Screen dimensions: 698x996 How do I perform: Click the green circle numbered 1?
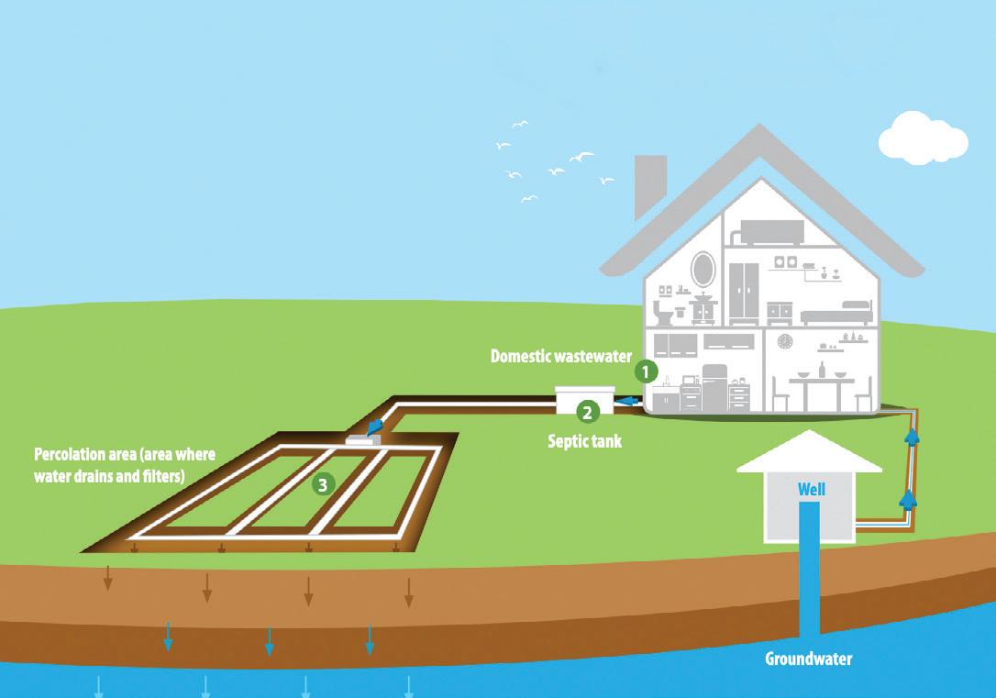tap(647, 371)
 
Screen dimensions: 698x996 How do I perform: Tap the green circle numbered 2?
tap(587, 412)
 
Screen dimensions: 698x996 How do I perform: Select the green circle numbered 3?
tap(322, 483)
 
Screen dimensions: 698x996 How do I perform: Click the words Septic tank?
tap(584, 441)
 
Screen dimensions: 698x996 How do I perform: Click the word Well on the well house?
tap(811, 489)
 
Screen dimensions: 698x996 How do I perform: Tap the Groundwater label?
tap(809, 659)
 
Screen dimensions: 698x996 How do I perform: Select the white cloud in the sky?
tap(922, 138)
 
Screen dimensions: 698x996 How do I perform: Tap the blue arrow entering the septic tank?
tap(629, 401)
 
